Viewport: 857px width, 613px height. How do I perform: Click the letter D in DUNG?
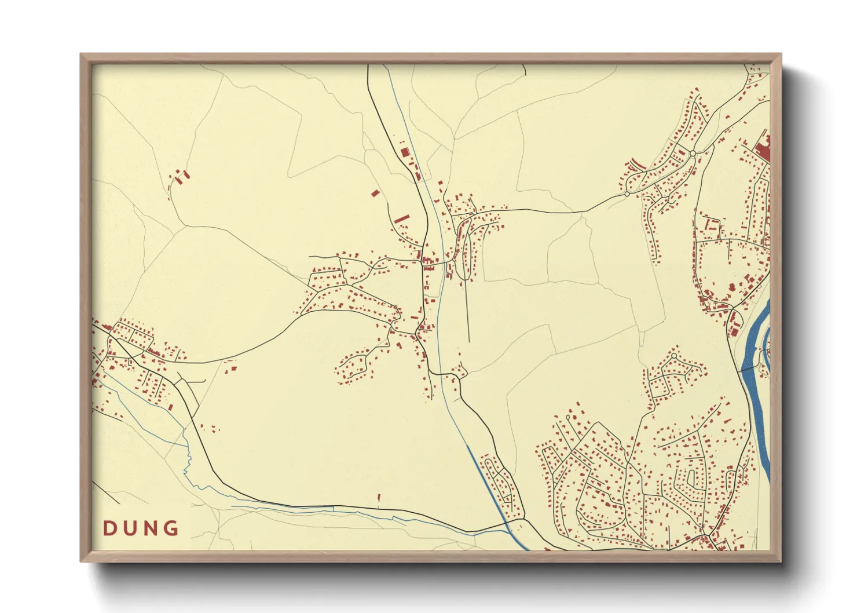tap(109, 528)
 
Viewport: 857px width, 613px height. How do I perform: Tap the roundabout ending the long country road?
tap(627, 194)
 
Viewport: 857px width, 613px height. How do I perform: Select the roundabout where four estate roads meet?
tap(693, 154)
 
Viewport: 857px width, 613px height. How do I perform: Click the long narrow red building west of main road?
tap(402, 218)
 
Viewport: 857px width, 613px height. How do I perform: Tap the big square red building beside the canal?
tap(405, 151)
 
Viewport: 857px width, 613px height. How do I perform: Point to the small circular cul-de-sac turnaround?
tap(674, 355)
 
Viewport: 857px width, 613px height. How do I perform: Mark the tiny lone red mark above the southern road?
tap(379, 497)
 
